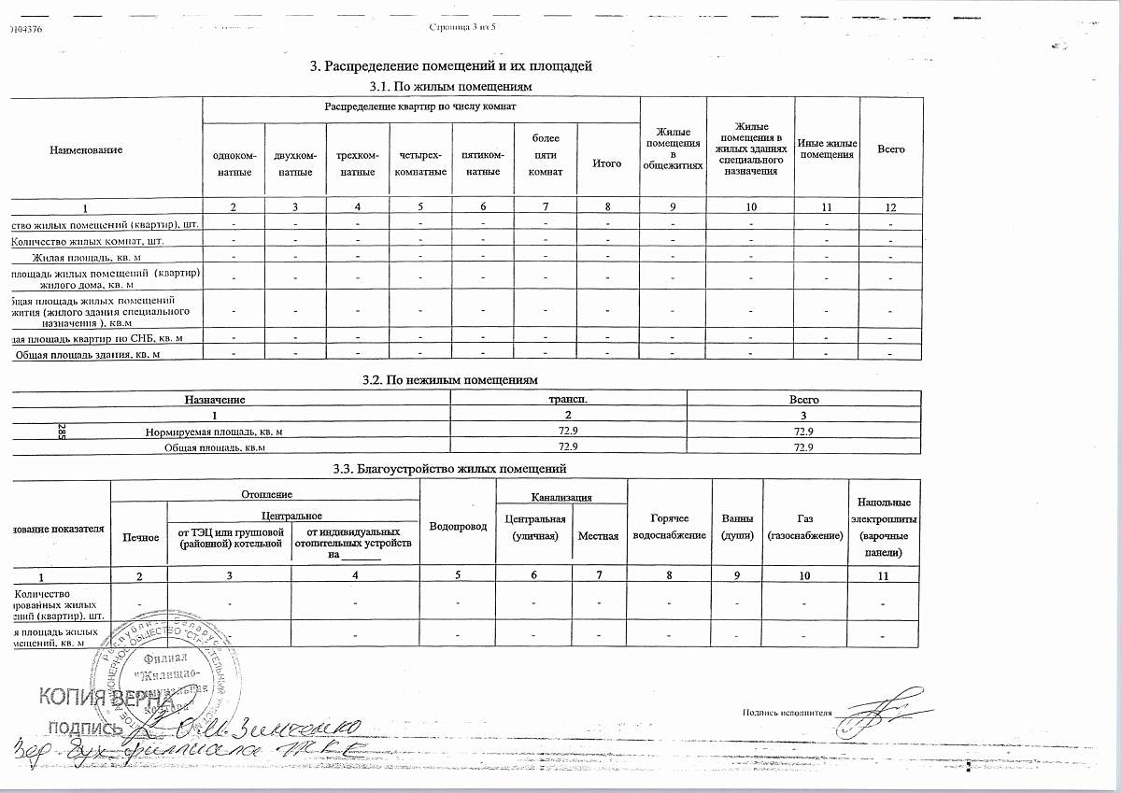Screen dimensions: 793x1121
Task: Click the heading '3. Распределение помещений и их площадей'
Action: [451, 66]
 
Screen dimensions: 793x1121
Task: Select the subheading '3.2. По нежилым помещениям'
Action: [450, 381]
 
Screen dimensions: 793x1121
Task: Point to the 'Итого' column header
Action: [607, 163]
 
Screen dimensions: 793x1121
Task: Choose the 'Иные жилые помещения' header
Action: [827, 149]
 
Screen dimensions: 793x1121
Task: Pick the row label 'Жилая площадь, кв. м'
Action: [87, 257]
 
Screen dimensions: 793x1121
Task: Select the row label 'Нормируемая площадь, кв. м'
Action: [214, 432]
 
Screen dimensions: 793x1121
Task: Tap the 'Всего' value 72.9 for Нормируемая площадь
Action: [803, 432]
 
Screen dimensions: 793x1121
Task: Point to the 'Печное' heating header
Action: [138, 537]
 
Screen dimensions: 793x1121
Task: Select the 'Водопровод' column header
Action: [457, 527]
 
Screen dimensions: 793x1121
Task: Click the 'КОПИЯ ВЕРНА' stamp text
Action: [105, 698]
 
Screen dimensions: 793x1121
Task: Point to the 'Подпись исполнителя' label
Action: [786, 711]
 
